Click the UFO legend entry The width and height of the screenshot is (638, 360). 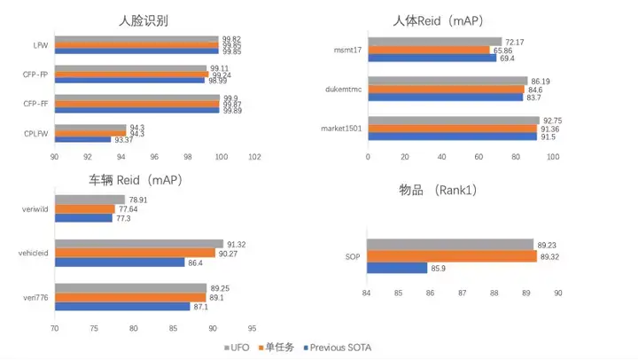tap(236, 348)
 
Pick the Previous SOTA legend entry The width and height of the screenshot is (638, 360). tap(341, 348)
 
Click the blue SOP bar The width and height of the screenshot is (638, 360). tap(397, 268)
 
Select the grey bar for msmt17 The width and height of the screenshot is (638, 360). tap(434, 42)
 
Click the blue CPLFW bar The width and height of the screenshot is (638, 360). tap(82, 139)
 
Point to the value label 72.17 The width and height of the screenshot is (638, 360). tap(515, 42)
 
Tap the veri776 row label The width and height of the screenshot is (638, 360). tap(35, 297)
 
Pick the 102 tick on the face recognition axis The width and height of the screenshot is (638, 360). tap(254, 158)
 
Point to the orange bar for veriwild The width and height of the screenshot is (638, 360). tap(85, 209)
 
